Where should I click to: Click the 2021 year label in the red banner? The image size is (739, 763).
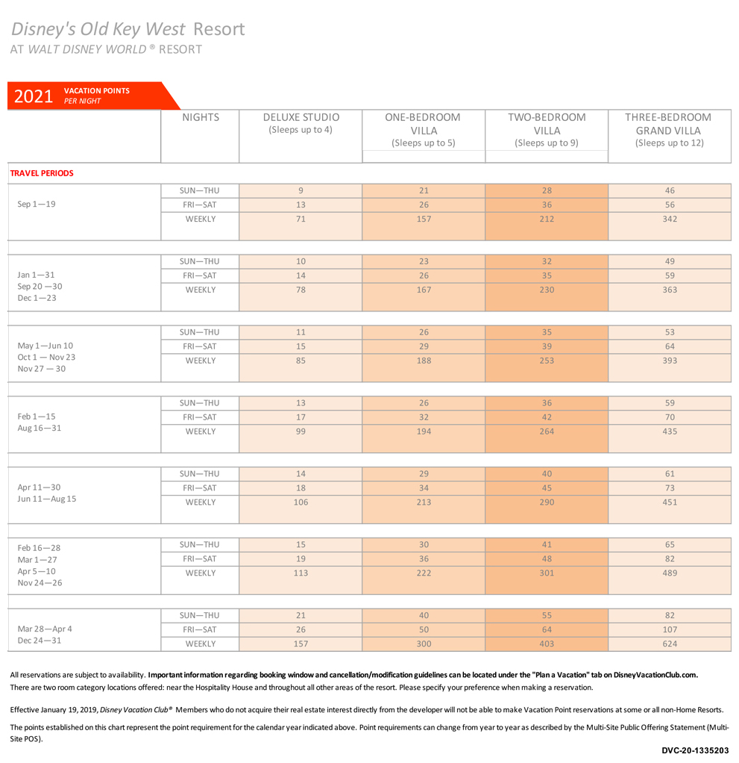pos(33,96)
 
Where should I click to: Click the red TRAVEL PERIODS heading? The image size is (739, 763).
pos(42,173)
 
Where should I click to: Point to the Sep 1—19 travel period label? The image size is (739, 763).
pos(37,204)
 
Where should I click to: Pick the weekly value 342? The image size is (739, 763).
pos(670,219)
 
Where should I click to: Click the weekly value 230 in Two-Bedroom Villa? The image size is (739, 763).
pos(547,290)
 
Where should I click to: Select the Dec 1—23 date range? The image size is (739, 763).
pos(37,298)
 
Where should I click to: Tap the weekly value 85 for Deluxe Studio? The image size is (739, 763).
pos(301,361)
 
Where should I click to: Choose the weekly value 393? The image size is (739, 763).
pos(670,361)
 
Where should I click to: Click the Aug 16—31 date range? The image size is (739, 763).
pos(40,429)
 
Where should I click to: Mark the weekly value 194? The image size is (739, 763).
pos(424,431)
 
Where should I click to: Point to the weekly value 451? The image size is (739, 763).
pos(670,502)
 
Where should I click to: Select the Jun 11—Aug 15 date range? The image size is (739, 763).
pos(47,499)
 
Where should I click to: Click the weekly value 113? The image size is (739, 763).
pos(301,573)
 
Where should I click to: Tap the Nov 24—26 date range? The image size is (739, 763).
pos(40,583)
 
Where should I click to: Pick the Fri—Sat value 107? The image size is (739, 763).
pos(670,629)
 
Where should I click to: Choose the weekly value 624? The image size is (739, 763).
pos(670,644)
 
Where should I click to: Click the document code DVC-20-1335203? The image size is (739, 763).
pos(695,750)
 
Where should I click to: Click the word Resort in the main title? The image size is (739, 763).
pos(218,29)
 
